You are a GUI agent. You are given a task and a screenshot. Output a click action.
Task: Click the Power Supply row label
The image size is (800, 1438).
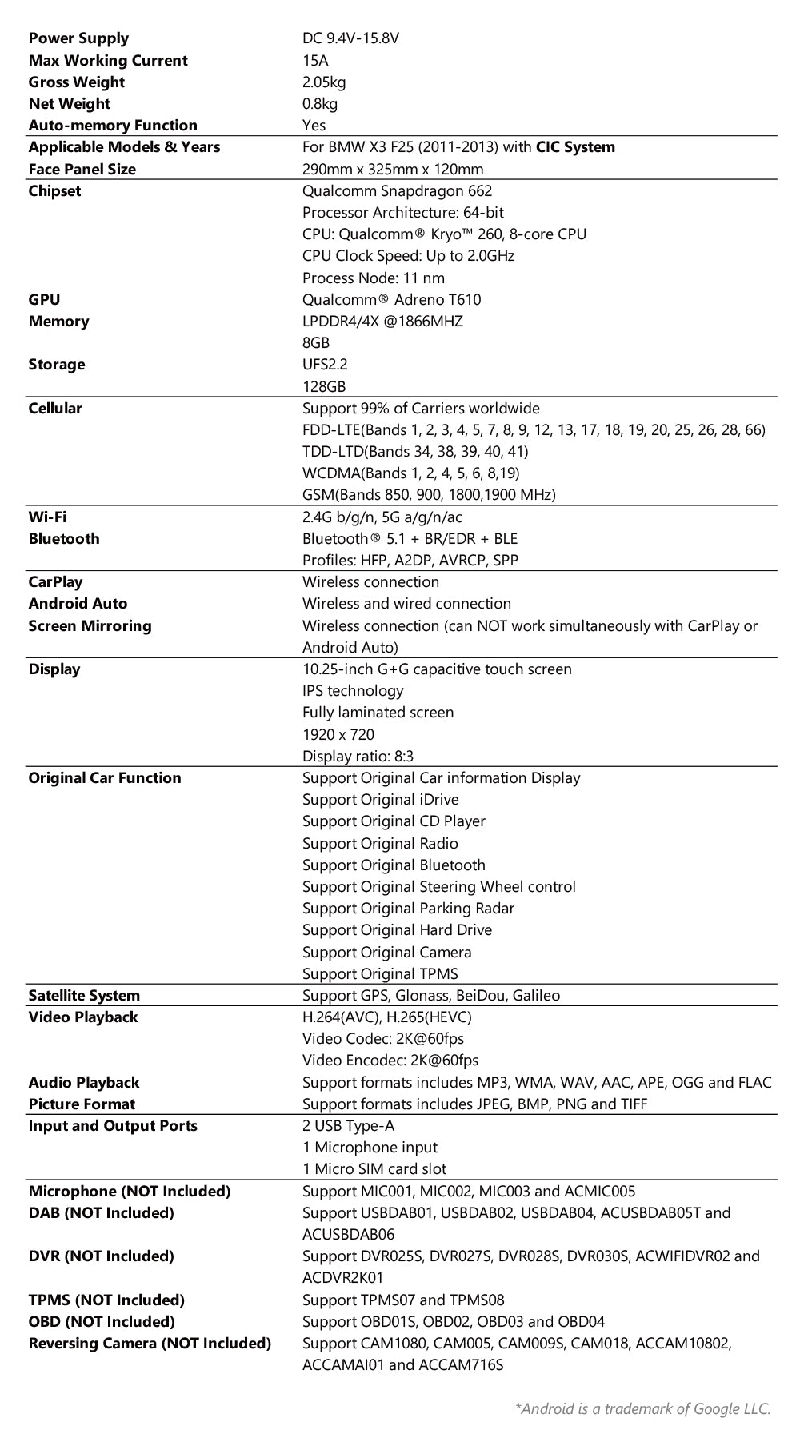coord(78,38)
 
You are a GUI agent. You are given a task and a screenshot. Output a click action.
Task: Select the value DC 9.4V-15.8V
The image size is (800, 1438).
coord(350,38)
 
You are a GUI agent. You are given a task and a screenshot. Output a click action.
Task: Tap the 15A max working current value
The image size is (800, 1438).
coord(315,60)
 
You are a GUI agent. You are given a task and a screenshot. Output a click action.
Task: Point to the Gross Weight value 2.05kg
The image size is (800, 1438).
coord(324,82)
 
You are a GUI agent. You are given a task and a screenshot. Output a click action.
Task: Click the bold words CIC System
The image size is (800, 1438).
coord(575,147)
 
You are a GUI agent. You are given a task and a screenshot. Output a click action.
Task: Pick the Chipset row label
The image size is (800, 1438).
coord(54,190)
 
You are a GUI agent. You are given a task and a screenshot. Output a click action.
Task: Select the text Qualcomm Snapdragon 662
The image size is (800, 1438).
coord(397,190)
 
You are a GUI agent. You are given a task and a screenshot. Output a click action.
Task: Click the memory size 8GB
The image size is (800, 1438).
coord(316,343)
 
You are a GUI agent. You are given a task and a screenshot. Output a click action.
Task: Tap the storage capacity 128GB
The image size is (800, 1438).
coord(324,386)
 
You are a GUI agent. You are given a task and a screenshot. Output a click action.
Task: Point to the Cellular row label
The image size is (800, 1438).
coord(55,409)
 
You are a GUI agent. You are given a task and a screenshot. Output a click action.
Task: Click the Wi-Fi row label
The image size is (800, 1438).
coord(47,517)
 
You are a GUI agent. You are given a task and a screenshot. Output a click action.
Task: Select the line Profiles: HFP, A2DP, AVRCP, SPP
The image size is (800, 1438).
coord(410,561)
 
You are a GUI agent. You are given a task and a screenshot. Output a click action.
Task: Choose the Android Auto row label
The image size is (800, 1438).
coord(78,604)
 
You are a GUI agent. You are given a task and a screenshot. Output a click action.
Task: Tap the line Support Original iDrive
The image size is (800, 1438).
coord(380,800)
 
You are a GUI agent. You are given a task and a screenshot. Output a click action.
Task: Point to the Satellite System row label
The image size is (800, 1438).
coord(84,996)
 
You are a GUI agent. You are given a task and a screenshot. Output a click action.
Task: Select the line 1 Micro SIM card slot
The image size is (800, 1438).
coord(374,1169)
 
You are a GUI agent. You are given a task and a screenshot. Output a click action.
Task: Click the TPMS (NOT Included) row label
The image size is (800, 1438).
coord(106,1300)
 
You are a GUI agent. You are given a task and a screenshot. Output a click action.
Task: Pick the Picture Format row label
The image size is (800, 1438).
coord(82,1104)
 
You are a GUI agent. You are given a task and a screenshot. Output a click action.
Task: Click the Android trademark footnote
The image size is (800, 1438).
coord(643,1409)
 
